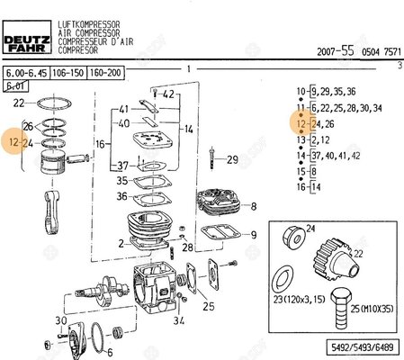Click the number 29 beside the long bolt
point(232,160)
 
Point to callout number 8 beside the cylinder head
point(256,205)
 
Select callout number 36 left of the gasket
point(121,196)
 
